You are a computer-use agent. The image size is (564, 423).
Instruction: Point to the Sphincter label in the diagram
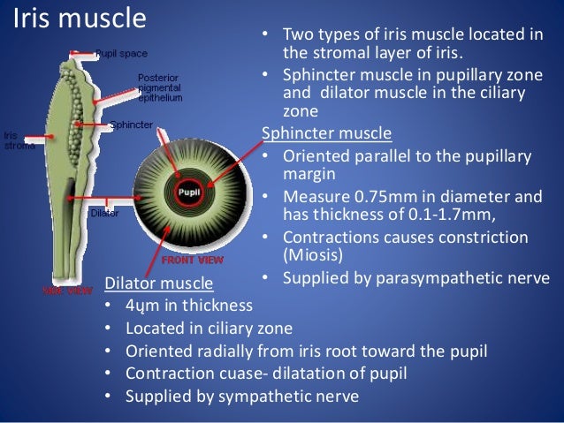130,125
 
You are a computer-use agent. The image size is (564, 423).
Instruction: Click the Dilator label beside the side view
104,213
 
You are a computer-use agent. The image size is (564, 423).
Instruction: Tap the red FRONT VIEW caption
191,261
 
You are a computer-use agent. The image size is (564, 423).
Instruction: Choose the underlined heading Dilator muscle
158,283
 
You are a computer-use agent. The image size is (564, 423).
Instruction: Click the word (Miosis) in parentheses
315,256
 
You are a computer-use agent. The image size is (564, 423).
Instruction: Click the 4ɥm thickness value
141,306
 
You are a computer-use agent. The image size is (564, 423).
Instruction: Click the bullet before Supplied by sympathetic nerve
107,397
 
